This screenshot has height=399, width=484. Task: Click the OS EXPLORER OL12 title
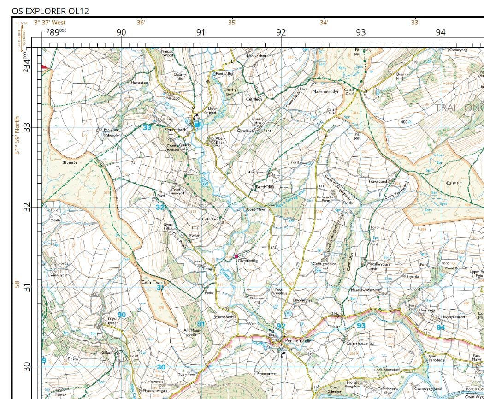tap(51, 11)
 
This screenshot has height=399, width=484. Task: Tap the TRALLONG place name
tap(459, 108)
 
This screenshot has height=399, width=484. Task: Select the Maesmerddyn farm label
tap(326, 92)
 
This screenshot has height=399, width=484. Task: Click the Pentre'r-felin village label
tap(299, 341)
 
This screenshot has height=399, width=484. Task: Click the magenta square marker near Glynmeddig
tap(236, 256)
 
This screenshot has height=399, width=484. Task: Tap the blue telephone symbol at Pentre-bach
tap(197, 124)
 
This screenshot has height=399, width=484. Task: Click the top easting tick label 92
tap(281, 32)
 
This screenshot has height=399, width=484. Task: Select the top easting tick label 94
tap(441, 32)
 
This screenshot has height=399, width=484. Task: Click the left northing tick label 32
tap(27, 207)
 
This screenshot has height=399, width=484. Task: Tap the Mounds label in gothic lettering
tap(70, 162)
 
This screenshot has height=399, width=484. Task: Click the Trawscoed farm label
tap(378, 181)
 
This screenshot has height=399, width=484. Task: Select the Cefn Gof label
tap(211, 219)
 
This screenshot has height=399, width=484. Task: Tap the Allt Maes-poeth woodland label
tap(193, 332)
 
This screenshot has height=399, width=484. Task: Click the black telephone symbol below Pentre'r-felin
tap(283, 355)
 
